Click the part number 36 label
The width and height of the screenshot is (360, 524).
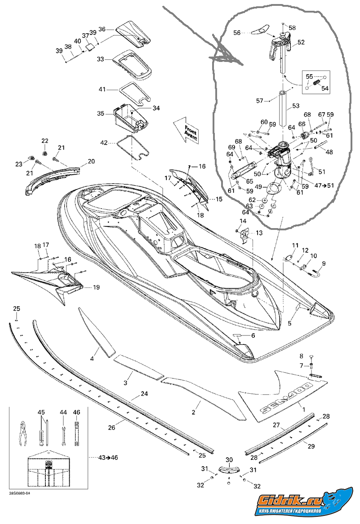102,29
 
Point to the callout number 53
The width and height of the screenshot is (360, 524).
296,106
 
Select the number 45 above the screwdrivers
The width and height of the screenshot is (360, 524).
41,412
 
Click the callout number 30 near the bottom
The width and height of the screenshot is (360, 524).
229,460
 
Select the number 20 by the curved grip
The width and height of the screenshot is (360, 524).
91,161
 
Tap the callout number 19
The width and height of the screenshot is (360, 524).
96,287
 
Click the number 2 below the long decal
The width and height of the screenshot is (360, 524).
194,412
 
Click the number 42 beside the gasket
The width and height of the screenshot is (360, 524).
104,143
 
